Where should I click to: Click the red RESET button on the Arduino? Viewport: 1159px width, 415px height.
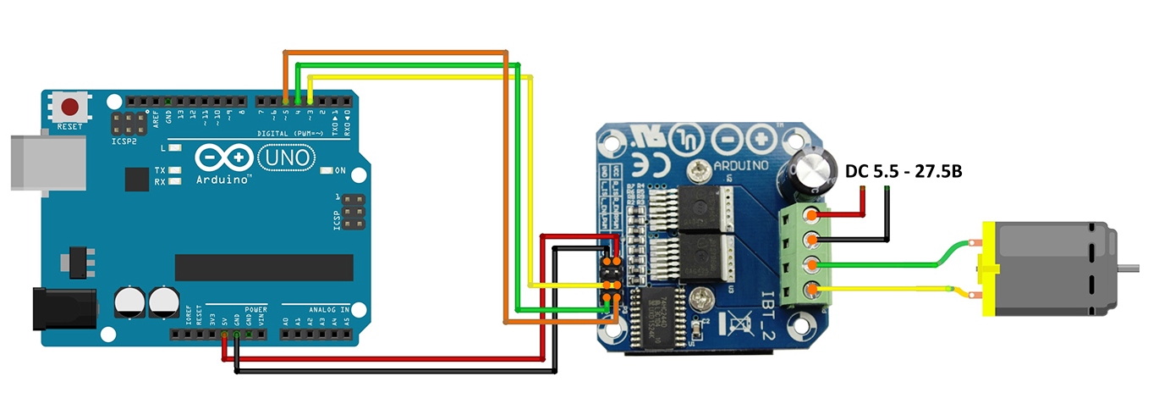coord(71,107)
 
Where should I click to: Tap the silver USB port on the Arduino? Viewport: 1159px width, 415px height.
coord(51,164)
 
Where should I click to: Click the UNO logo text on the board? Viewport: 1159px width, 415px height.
coord(285,158)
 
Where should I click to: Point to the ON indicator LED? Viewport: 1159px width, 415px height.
coord(327,171)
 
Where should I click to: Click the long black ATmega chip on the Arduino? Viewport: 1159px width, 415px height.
coord(263,267)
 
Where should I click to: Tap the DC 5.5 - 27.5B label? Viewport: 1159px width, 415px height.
coord(904,171)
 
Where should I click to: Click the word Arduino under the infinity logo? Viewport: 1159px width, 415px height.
coord(223,180)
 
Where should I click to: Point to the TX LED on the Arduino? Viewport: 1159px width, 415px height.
coord(174,170)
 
